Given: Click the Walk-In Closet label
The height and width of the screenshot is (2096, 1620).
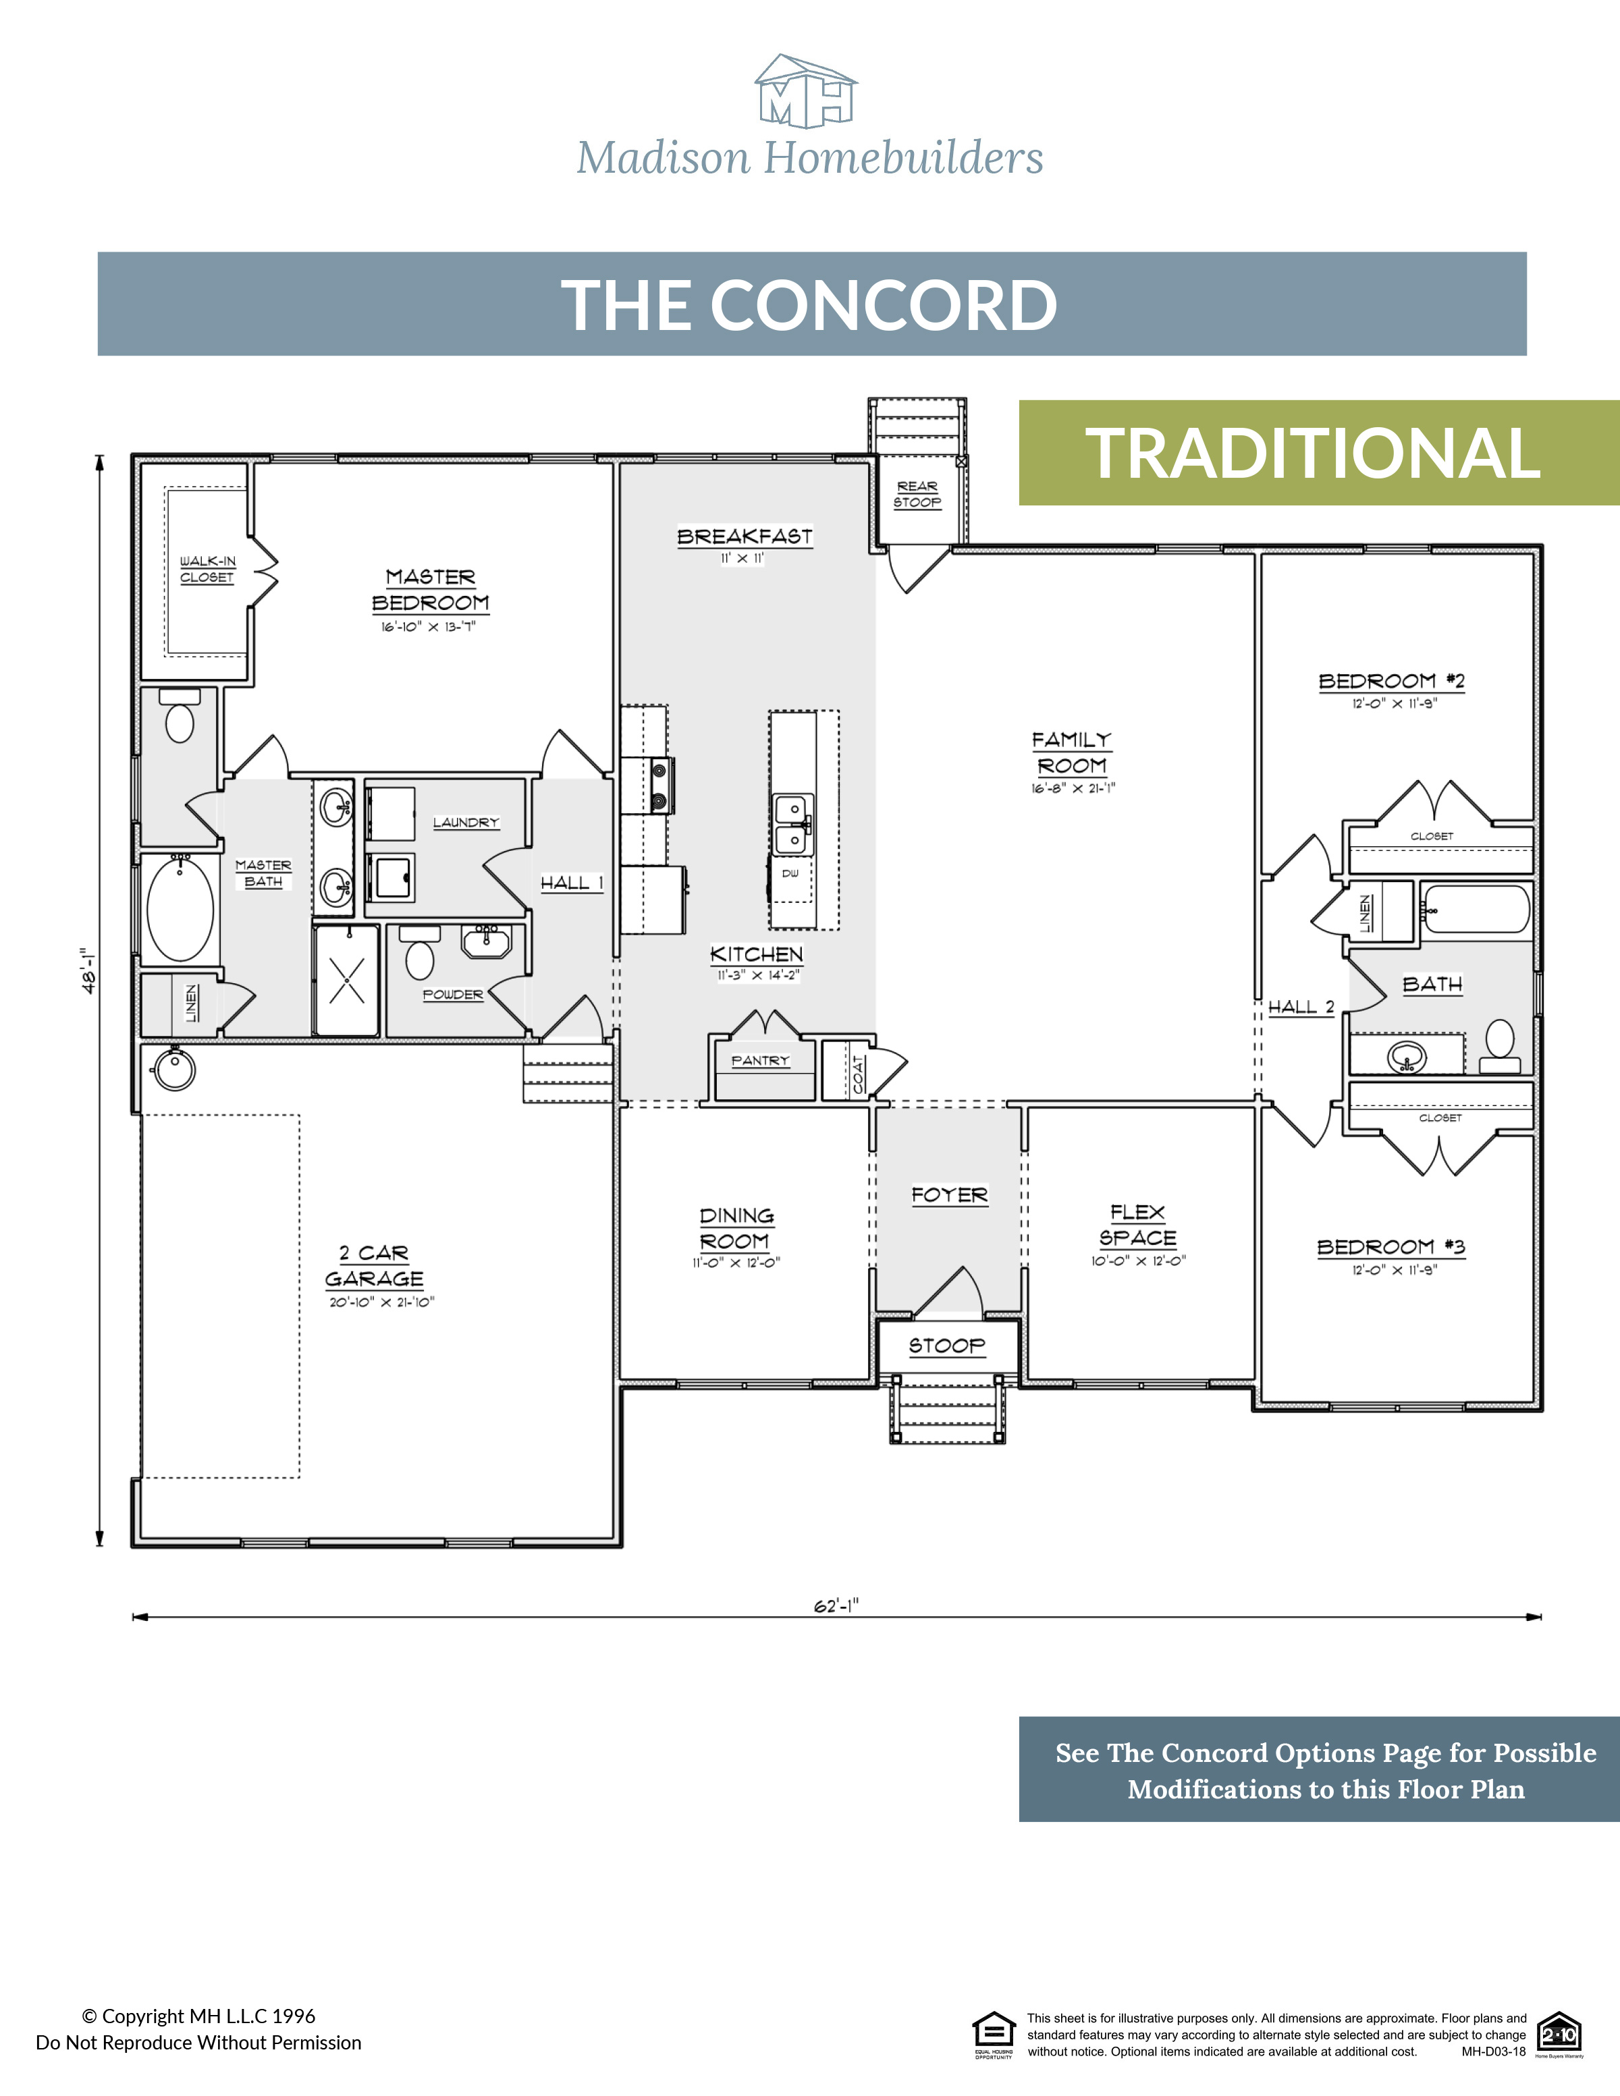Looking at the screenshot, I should click(207, 569).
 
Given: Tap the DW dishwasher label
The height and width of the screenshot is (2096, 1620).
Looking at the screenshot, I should click(790, 873).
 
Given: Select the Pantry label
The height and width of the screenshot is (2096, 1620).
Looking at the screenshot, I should click(760, 1060).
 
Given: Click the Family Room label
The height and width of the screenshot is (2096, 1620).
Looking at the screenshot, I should click(1072, 752).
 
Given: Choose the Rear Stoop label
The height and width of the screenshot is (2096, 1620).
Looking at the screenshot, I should click(917, 494).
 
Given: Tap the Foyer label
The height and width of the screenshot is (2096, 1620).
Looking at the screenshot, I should click(949, 1195).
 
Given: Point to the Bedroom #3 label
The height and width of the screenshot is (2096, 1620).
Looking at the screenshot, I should click(1390, 1246).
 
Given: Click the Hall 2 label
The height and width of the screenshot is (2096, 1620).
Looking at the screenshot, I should click(1301, 1007).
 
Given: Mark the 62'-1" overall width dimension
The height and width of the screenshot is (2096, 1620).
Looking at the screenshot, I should click(836, 1607).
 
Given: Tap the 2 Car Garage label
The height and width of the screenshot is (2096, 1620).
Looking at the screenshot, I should click(375, 1265).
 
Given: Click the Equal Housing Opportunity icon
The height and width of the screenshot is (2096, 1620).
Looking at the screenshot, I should click(994, 2035).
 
